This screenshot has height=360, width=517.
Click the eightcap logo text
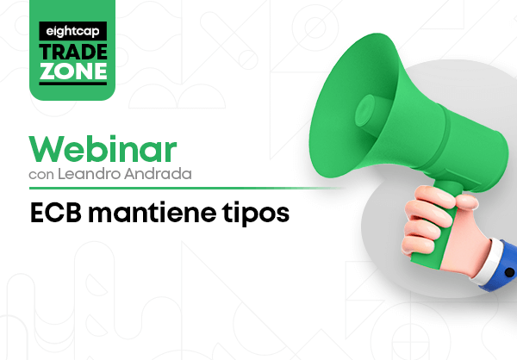[x=72, y=31]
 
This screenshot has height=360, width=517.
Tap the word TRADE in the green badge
[x=73, y=52]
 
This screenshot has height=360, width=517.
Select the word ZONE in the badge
[x=73, y=71]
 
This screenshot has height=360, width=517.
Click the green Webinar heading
[x=103, y=149]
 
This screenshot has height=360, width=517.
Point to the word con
[x=41, y=175]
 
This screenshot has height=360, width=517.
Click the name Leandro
[x=90, y=174]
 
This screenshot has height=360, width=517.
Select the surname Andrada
[x=158, y=174]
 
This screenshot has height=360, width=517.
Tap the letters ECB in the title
[x=56, y=213]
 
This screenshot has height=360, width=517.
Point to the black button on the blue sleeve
[x=509, y=272]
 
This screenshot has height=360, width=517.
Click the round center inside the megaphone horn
[x=365, y=110]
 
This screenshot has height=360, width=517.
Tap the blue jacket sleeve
[x=503, y=267]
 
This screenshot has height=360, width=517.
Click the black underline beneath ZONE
[x=73, y=84]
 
